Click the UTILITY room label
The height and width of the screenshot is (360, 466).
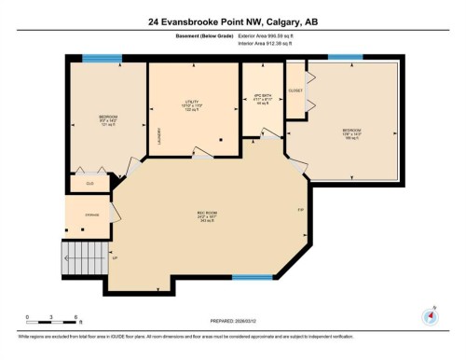tap(194, 106)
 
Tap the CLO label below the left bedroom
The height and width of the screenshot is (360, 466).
tap(90, 183)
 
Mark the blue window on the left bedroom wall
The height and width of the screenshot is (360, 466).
tap(94, 59)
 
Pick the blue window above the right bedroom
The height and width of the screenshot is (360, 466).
tap(345, 58)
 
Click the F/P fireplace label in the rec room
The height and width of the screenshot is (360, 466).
tap(301, 209)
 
